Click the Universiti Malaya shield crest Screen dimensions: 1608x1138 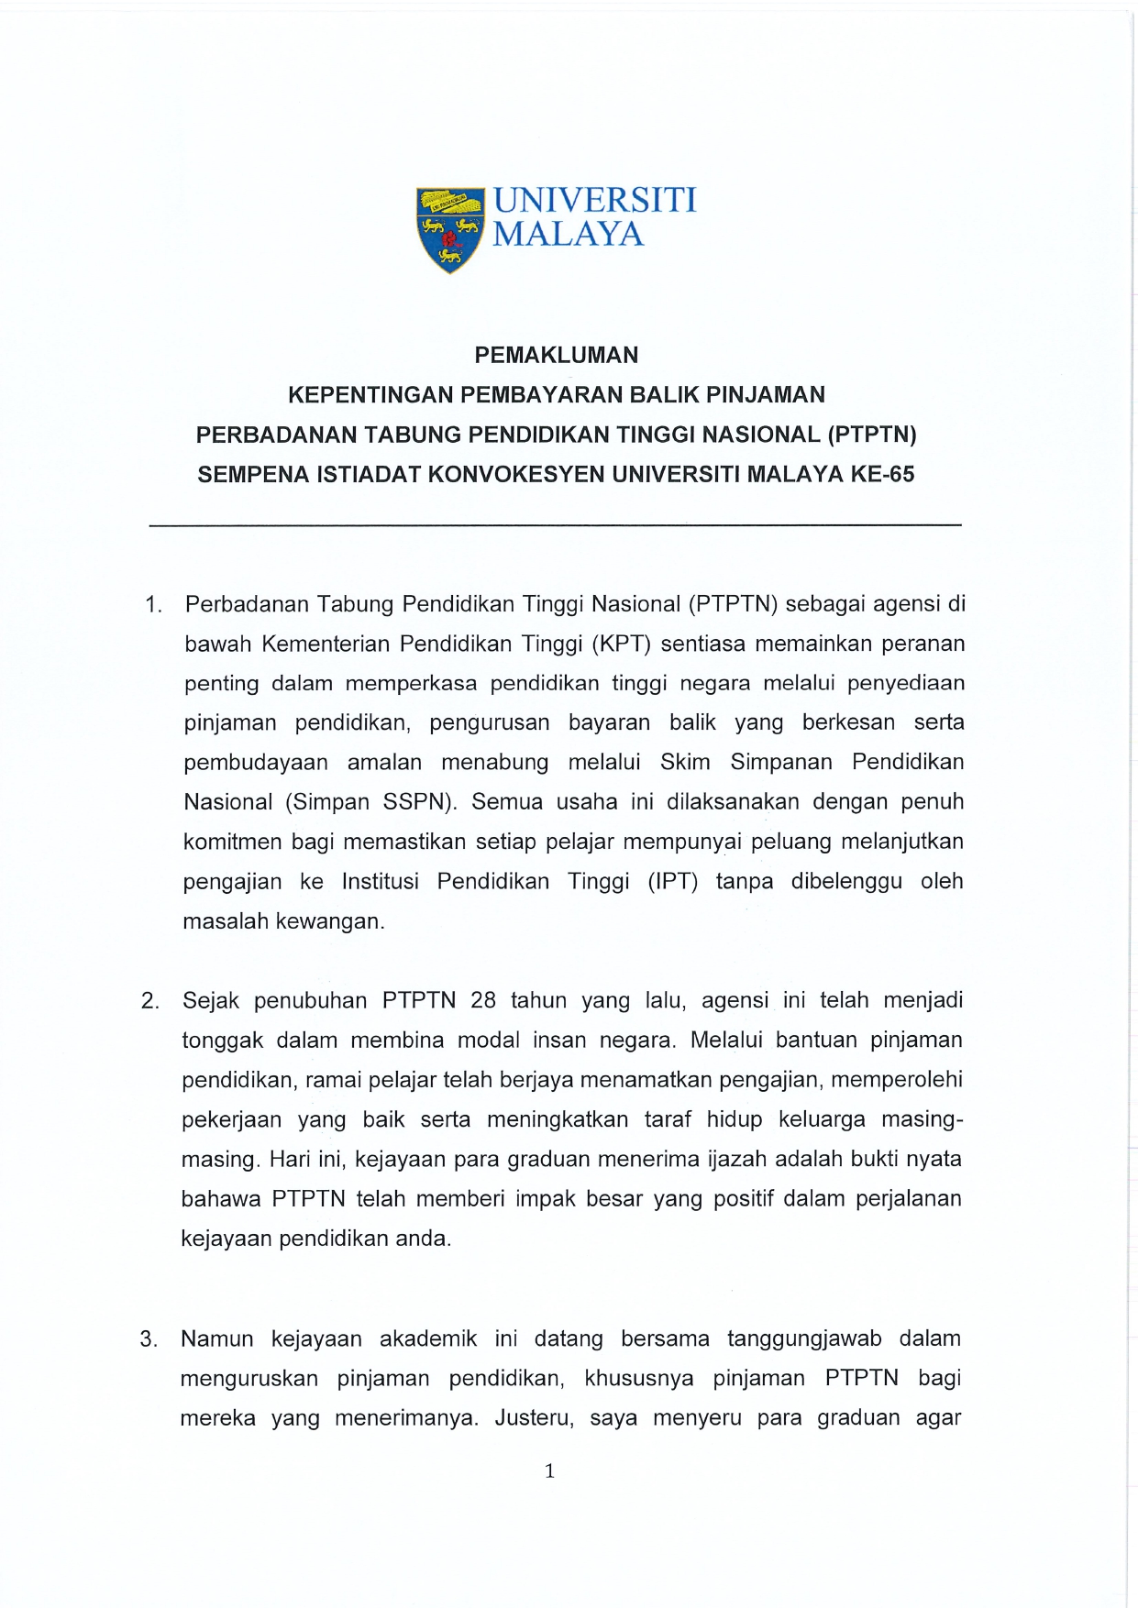click(x=449, y=229)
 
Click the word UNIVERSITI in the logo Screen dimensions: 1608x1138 click(x=594, y=200)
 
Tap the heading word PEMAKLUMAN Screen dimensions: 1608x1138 click(x=556, y=355)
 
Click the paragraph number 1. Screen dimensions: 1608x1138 click(x=153, y=605)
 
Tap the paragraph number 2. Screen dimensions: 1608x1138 click(x=150, y=1001)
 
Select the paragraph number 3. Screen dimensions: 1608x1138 click(x=149, y=1339)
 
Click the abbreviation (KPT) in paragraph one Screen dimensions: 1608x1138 click(x=621, y=644)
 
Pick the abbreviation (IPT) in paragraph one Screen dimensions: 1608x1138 click(x=673, y=882)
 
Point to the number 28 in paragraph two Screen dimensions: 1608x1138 click(x=483, y=1000)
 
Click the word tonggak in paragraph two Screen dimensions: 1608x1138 click(x=222, y=1041)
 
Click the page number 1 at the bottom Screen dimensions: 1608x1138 click(x=549, y=1472)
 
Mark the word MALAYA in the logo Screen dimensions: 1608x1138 click(x=569, y=235)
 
